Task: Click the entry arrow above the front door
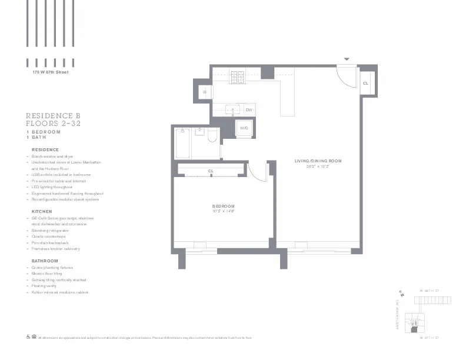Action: [x=347, y=59]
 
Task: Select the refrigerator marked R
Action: [x=205, y=92]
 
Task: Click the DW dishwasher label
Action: [x=248, y=110]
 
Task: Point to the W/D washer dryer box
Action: [x=244, y=128]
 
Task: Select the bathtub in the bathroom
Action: [x=182, y=143]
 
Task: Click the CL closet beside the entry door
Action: [x=365, y=84]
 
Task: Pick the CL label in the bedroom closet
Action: [x=211, y=171]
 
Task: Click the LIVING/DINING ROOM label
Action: [x=318, y=161]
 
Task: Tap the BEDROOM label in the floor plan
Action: [x=224, y=206]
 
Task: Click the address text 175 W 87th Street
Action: [x=51, y=72]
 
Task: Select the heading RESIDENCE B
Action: [x=53, y=116]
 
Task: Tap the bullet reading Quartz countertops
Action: [x=52, y=236]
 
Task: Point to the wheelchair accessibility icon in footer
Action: [x=28, y=338]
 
